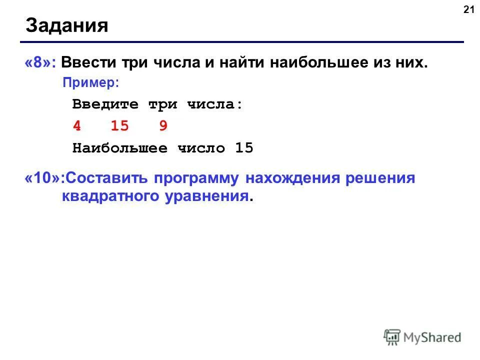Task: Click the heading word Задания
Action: [x=67, y=25]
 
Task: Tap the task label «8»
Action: [x=40, y=63]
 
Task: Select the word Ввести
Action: [x=87, y=63]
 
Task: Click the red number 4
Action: [x=76, y=126]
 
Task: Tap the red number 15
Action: [x=119, y=126]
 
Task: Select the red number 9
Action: [x=163, y=126]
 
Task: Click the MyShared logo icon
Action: [x=392, y=337]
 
